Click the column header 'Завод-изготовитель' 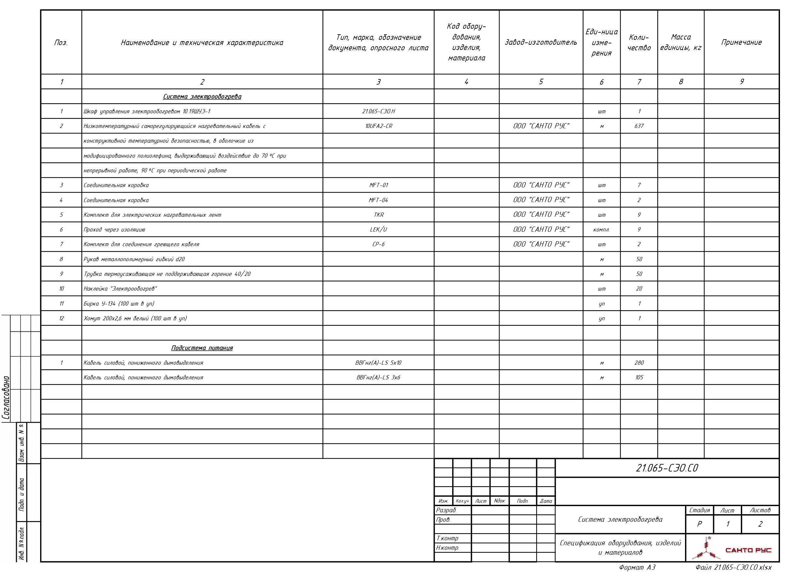[540, 42]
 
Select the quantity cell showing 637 [639, 126]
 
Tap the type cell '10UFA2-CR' [378, 126]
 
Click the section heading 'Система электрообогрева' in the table [202, 96]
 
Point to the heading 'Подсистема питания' [202, 348]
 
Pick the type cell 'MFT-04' [378, 200]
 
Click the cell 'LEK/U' [378, 230]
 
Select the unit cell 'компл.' [601, 230]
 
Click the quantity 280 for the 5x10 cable [639, 363]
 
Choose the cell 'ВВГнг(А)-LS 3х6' [378, 377]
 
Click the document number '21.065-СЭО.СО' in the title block [667, 468]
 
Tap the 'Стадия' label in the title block [699, 510]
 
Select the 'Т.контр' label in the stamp [447, 538]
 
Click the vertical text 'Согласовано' [6, 398]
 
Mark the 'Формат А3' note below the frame [637, 567]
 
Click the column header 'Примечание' [741, 42]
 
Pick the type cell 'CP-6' [378, 244]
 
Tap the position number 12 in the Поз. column [61, 318]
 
